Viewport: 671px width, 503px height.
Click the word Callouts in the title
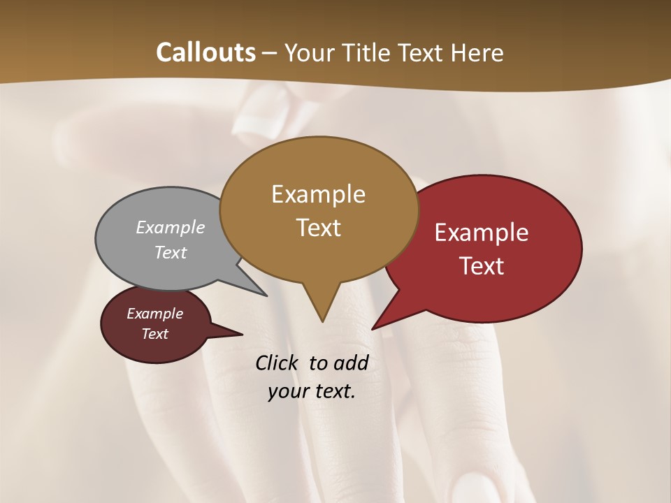(x=206, y=52)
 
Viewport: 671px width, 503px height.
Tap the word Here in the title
(x=478, y=52)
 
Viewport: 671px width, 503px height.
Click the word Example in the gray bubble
(x=171, y=227)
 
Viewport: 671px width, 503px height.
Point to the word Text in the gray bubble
(x=171, y=252)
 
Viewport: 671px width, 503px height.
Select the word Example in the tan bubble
(x=318, y=194)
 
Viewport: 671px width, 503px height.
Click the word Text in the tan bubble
(x=318, y=228)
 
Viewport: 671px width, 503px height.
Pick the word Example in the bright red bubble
(x=482, y=233)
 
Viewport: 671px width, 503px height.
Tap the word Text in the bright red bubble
(x=482, y=266)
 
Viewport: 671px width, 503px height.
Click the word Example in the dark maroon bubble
(x=154, y=314)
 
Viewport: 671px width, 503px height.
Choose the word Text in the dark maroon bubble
(x=154, y=334)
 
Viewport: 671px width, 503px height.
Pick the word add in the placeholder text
(x=352, y=363)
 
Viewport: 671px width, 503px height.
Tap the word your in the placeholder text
(x=287, y=391)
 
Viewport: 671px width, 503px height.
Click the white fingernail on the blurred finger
(x=254, y=115)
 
